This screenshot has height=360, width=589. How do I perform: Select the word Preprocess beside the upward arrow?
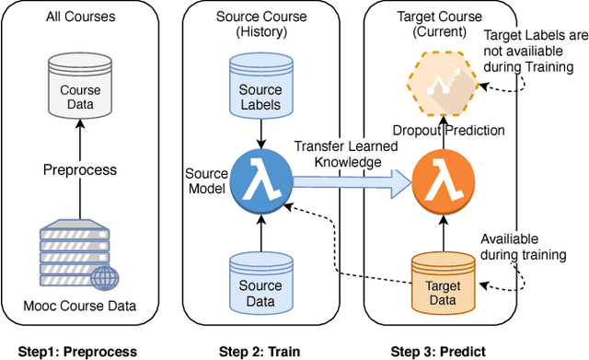(80, 170)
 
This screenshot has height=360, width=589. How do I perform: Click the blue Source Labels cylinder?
(260, 91)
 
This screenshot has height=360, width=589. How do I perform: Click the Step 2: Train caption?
(260, 351)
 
